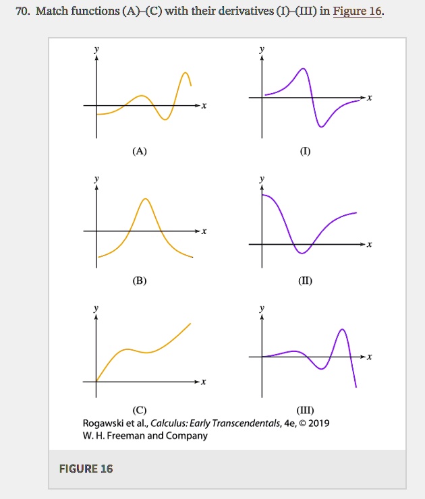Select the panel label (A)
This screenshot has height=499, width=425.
click(x=139, y=151)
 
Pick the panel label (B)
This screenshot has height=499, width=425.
click(x=139, y=280)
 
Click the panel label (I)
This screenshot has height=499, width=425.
click(x=306, y=151)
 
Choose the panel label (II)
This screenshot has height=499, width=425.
click(x=306, y=280)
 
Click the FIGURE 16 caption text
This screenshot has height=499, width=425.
click(x=86, y=469)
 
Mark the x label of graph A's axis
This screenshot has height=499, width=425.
click(x=204, y=106)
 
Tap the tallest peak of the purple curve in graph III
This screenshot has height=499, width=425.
click(x=343, y=329)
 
